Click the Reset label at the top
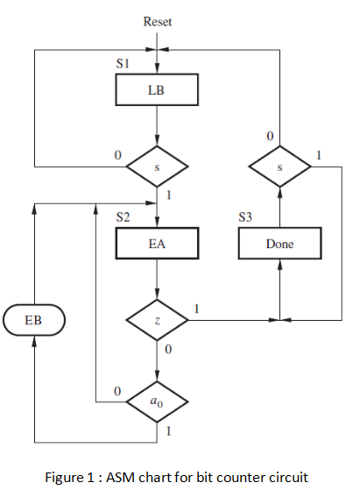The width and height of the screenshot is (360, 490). [157, 21]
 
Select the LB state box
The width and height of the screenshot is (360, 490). [157, 89]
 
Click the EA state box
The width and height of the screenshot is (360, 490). [157, 244]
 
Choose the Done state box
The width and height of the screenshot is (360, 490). [279, 244]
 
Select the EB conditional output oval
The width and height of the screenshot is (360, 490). [35, 320]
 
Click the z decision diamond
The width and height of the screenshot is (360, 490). [157, 321]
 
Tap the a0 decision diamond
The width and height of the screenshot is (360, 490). [157, 402]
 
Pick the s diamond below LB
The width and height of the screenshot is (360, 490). [157, 165]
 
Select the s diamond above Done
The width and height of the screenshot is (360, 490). [279, 165]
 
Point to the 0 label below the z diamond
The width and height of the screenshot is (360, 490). [167, 351]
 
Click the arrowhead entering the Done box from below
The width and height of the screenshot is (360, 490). [279, 265]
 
